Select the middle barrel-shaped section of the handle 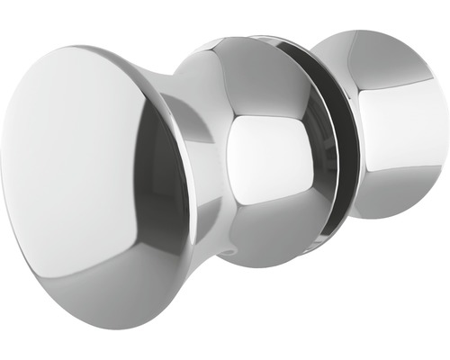(261, 148)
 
